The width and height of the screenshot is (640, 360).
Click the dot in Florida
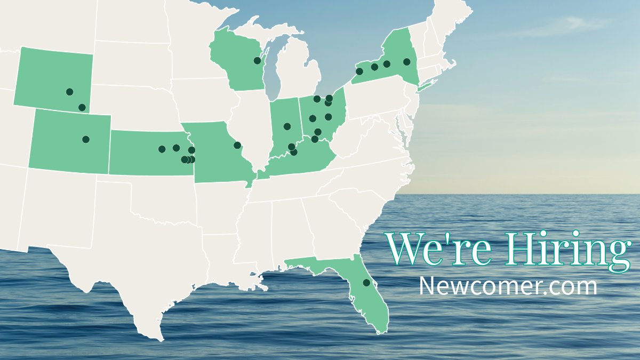tap(366, 283)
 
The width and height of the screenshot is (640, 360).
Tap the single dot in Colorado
tap(85, 139)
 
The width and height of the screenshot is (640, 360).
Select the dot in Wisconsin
tap(257, 60)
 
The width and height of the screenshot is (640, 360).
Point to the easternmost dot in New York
tap(407, 62)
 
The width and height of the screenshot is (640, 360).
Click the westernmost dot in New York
tap(359, 71)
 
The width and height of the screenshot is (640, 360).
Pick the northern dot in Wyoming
tap(69, 92)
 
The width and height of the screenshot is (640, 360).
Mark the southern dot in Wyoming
tap(82, 107)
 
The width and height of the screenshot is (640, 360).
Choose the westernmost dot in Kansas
tap(162, 149)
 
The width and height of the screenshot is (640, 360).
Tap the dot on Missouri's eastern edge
tap(237, 145)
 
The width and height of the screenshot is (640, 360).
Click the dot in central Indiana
tap(287, 126)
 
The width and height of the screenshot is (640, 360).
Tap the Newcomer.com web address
tap(507, 286)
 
